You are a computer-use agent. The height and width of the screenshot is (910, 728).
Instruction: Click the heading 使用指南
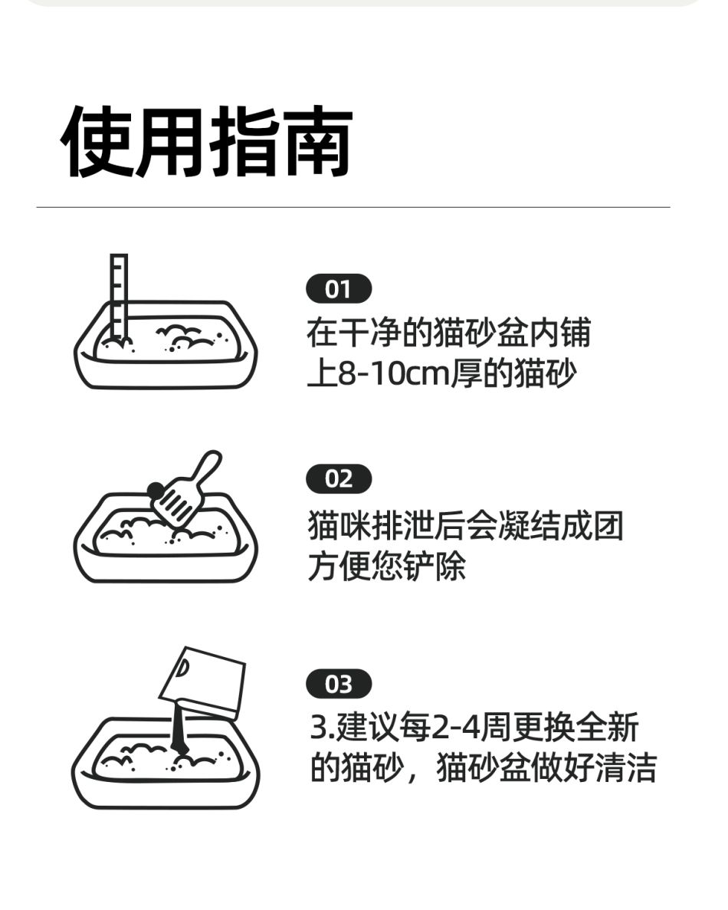click(206, 141)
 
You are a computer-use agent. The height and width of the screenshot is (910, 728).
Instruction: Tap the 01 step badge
click(339, 288)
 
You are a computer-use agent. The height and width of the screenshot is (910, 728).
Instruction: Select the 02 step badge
click(339, 479)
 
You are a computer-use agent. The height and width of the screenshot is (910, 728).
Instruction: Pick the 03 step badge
click(339, 685)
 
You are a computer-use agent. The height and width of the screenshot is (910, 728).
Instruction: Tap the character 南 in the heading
click(317, 141)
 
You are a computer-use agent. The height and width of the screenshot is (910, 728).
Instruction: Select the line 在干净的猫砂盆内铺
click(449, 333)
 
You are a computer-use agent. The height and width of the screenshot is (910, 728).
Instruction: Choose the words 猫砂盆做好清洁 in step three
click(546, 767)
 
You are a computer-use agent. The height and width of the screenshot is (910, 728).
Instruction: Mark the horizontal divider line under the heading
click(353, 207)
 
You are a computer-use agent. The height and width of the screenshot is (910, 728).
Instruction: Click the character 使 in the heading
click(96, 141)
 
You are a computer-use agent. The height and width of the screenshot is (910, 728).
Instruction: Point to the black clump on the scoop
click(156, 491)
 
